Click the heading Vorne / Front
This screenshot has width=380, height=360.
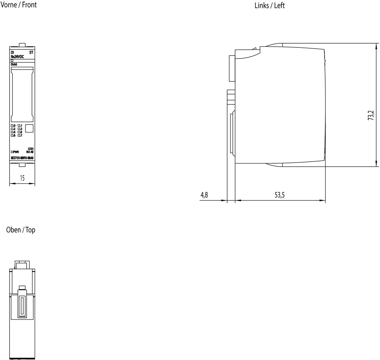tap(19, 5)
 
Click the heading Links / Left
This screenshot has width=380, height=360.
tap(269, 5)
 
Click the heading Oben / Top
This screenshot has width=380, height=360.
tap(21, 230)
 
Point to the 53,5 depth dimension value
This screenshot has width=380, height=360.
tap(280, 195)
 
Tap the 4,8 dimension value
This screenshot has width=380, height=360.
tap(204, 195)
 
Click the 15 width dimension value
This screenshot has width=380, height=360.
tap(22, 178)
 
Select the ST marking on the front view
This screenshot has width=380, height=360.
tap(32, 52)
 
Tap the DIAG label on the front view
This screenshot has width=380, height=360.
tap(14, 65)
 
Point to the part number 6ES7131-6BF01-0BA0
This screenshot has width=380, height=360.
tap(22, 158)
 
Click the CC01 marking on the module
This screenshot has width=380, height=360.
tap(31, 148)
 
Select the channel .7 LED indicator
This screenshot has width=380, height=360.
tap(20, 135)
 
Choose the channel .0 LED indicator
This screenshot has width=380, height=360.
tap(13, 126)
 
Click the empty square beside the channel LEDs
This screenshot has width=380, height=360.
tap(30, 128)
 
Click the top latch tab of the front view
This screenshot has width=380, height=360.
tap(22, 45)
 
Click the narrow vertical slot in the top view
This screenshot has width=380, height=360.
tap(22, 306)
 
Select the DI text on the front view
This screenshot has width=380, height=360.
tap(13, 52)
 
